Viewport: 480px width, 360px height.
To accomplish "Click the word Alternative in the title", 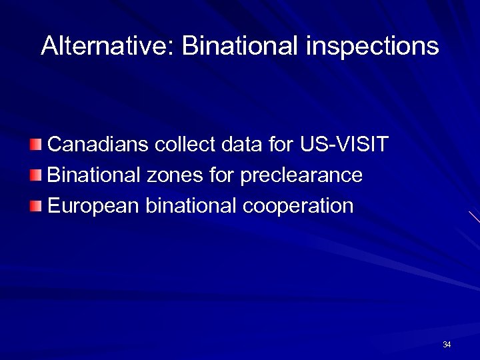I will coord(106,46).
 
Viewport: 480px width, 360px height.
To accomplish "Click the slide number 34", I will coord(447,345).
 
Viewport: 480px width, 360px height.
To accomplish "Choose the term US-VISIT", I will coord(344,144).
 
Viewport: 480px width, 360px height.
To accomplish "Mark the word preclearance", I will coord(301,175).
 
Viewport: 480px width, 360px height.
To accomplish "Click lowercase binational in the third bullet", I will coord(193,206).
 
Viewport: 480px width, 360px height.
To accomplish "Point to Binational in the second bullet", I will coord(94,175).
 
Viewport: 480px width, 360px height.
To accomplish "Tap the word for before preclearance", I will coord(221,175).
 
